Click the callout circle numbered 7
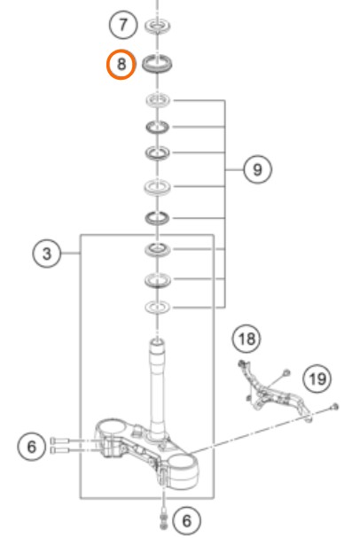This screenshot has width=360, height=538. tap(123, 25)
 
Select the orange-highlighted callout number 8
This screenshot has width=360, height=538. tap(121, 64)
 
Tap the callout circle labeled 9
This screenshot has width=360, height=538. tap(257, 169)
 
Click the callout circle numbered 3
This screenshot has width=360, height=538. tap(47, 253)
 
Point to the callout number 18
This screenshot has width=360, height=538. tap(247, 339)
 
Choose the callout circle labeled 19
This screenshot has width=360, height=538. tap(317, 378)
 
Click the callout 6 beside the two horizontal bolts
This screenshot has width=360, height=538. tap(32, 447)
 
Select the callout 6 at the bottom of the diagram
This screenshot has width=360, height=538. tap(186, 520)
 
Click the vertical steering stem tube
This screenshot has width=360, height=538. tap(157, 387)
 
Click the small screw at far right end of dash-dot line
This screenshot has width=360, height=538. tap(334, 408)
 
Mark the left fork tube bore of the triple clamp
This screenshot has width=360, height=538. tap(110, 427)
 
